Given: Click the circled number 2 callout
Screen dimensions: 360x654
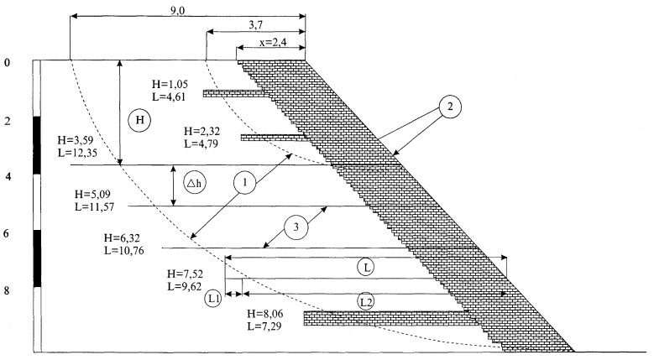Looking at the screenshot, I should pos(450,107).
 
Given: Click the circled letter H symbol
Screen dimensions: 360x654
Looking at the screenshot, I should pos(139,121).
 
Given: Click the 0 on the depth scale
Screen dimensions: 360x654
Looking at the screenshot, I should pos(7,63).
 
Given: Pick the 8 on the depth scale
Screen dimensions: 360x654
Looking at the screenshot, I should pos(7,291).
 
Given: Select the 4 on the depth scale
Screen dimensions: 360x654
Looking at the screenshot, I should pos(7,177).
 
